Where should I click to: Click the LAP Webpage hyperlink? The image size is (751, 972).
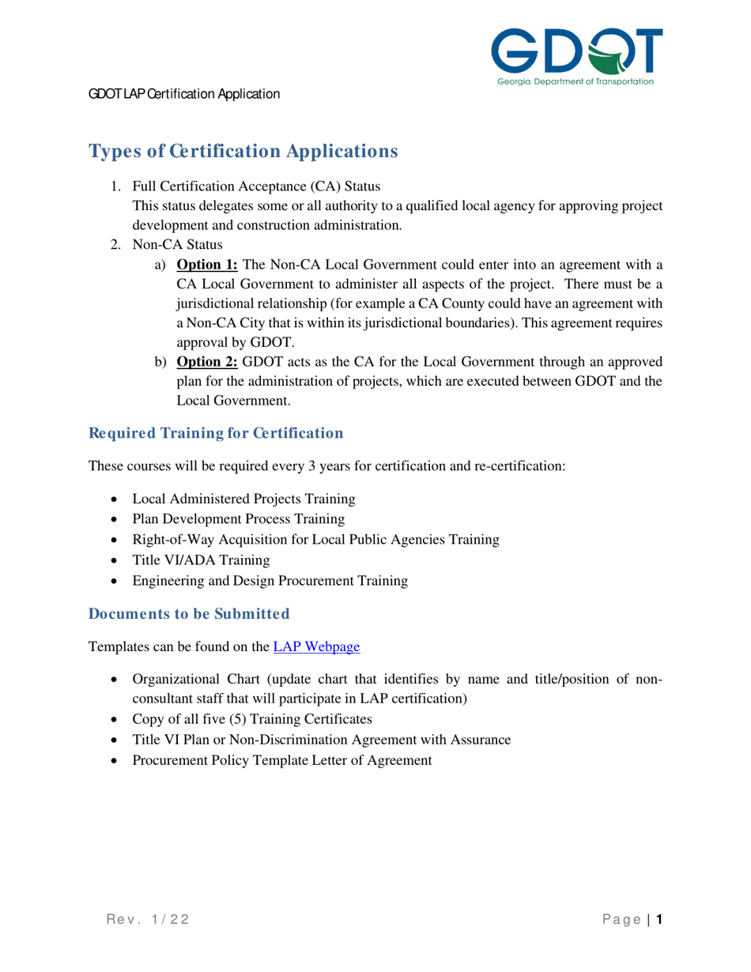(316, 646)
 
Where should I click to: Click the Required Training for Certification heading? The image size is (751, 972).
(216, 433)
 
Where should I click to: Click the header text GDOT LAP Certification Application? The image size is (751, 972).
(184, 94)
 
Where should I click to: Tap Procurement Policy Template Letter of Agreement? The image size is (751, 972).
(282, 760)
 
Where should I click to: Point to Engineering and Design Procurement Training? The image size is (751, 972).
(270, 581)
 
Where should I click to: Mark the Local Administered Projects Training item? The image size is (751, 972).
(243, 499)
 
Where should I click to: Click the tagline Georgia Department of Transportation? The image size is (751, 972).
(576, 81)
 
